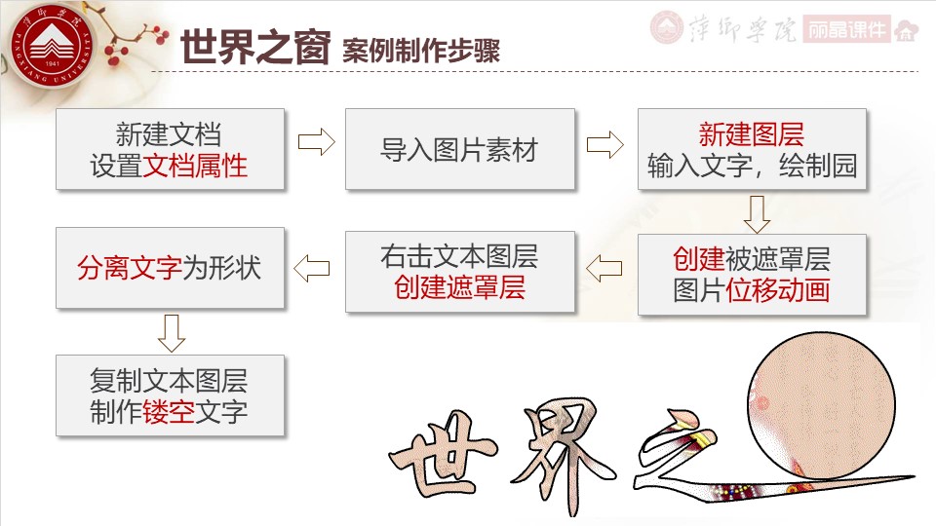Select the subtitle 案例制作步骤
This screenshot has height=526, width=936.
421,51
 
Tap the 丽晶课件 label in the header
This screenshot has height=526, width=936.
848,29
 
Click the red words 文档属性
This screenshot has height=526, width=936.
196,166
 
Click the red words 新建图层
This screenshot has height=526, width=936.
752,134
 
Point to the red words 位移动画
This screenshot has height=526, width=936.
779,290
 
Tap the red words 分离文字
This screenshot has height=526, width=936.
130,267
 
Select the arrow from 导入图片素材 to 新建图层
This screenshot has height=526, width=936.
604,144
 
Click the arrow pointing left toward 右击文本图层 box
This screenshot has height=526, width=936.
604,265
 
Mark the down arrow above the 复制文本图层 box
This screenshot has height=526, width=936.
171,331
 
